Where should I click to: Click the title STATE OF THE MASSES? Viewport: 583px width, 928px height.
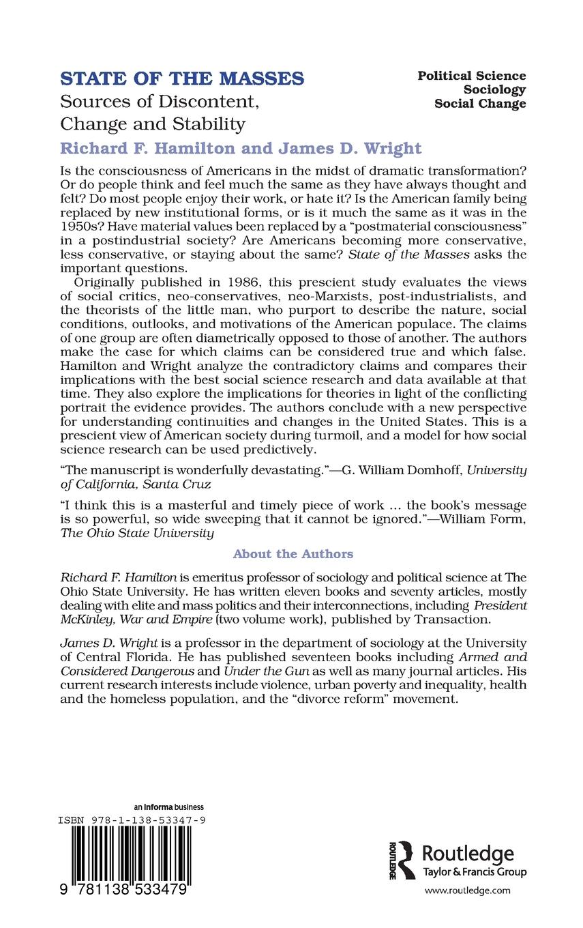click(182, 78)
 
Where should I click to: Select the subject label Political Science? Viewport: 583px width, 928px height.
click(472, 76)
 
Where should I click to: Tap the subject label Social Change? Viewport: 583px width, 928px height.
click(480, 104)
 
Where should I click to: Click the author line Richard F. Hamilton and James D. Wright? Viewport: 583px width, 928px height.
click(241, 148)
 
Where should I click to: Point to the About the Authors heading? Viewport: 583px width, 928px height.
click(293, 553)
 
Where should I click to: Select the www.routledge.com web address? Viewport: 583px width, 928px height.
click(467, 890)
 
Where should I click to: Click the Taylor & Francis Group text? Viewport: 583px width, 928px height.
click(475, 872)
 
